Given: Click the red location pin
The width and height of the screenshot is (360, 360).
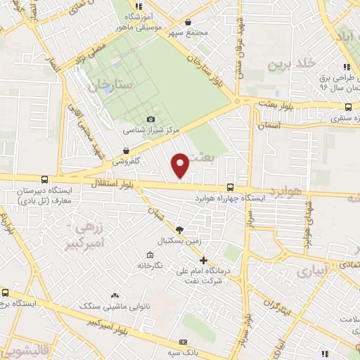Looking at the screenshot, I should pos(181,165).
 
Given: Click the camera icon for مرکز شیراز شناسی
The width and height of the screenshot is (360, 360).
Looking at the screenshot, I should pos(150,120).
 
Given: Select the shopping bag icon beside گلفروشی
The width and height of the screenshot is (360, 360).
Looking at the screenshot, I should pos(126,150).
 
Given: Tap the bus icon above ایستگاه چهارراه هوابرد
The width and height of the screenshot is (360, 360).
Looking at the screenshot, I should pos(231,187).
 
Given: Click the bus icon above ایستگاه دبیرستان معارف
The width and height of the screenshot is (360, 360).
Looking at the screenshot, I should pos(45,179).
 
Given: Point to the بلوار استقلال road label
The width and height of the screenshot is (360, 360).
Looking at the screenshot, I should pos(110,184).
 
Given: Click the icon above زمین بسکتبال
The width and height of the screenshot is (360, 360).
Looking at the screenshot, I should pos(179,230).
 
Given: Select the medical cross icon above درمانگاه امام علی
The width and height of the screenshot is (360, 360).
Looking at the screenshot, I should pos(203,261).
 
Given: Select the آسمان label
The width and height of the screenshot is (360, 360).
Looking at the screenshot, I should pos(269,124).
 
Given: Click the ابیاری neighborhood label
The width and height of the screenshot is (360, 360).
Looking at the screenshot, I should pos(307,271).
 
